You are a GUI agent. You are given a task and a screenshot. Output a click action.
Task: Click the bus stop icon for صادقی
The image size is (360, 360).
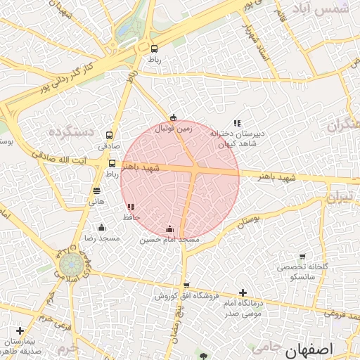click(x=109, y=135)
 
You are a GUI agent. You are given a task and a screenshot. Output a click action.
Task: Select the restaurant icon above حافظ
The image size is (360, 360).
click(x=131, y=207)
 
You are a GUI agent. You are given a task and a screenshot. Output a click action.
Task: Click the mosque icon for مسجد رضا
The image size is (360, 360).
click(x=102, y=227)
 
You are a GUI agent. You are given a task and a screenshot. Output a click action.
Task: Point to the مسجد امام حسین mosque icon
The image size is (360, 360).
click(x=169, y=229)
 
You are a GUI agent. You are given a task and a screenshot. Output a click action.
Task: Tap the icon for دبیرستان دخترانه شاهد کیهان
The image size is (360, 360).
click(x=237, y=124)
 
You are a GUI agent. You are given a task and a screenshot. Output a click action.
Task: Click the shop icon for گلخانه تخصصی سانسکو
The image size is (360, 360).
click(x=302, y=257)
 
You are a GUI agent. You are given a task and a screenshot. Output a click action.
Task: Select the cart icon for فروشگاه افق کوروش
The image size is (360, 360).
click(x=186, y=285)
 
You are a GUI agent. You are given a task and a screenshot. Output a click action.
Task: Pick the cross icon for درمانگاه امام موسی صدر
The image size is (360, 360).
click(x=243, y=292)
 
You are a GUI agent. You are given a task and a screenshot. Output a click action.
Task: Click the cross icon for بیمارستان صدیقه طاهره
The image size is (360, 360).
click(x=19, y=330)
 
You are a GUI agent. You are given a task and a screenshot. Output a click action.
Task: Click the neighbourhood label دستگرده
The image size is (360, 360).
click(x=72, y=131)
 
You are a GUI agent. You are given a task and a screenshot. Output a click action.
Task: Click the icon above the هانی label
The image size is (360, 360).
click(x=96, y=190)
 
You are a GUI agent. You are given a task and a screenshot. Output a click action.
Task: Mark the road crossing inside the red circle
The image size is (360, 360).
click(x=193, y=170)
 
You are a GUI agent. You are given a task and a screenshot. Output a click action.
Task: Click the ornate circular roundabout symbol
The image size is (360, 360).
click(x=70, y=264)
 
